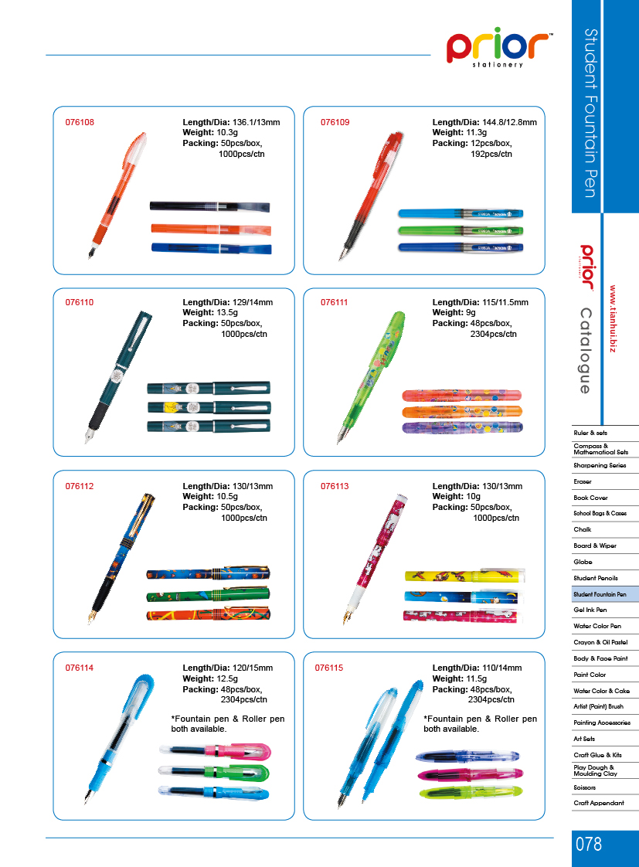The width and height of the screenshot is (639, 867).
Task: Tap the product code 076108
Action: click(x=80, y=122)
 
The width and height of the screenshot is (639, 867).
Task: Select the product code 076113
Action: click(x=335, y=486)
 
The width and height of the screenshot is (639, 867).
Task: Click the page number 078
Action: click(x=589, y=845)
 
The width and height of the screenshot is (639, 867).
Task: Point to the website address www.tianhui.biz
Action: click(x=613, y=319)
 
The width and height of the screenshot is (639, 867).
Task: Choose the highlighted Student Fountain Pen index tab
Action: click(x=605, y=594)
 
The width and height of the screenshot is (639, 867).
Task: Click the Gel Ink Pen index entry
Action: click(x=590, y=610)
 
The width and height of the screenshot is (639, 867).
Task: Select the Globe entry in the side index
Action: click(x=583, y=562)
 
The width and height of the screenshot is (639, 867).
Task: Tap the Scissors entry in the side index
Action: click(x=584, y=787)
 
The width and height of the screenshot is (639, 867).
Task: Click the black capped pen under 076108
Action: click(x=209, y=207)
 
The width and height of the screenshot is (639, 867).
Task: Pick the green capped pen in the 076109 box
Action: click(x=461, y=230)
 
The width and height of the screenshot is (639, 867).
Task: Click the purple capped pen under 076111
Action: click(x=462, y=427)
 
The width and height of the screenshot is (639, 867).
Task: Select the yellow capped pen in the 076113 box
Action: click(x=464, y=576)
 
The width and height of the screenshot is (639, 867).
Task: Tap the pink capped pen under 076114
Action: click(x=215, y=751)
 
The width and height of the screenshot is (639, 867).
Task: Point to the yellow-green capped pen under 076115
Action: click(x=471, y=793)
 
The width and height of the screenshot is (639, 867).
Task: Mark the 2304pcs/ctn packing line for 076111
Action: click(x=494, y=334)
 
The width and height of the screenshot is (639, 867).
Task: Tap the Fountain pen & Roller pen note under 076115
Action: click(x=480, y=724)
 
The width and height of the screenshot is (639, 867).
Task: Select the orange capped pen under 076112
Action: click(x=209, y=614)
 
